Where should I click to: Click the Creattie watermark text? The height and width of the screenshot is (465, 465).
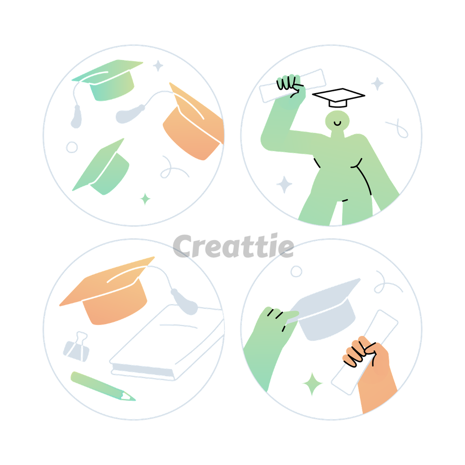point(233,246)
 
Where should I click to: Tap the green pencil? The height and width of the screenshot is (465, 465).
point(102,387)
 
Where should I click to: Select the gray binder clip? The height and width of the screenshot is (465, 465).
point(76,347)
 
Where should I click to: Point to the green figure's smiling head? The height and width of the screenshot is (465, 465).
point(337,121)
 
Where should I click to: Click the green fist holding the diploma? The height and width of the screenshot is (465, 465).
point(291,88)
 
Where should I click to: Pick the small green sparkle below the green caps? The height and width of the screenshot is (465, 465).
point(145,199)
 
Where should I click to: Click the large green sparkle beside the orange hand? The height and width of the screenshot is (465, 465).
point(312,384)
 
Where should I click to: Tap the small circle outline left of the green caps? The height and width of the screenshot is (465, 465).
point(72,147)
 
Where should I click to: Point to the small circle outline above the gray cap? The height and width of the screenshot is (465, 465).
point(296,271)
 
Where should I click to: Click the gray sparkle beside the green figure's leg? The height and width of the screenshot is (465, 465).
point(284,184)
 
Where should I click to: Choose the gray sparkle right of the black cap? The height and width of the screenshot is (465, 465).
point(377,84)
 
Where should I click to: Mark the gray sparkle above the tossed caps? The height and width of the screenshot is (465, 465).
point(158,66)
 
